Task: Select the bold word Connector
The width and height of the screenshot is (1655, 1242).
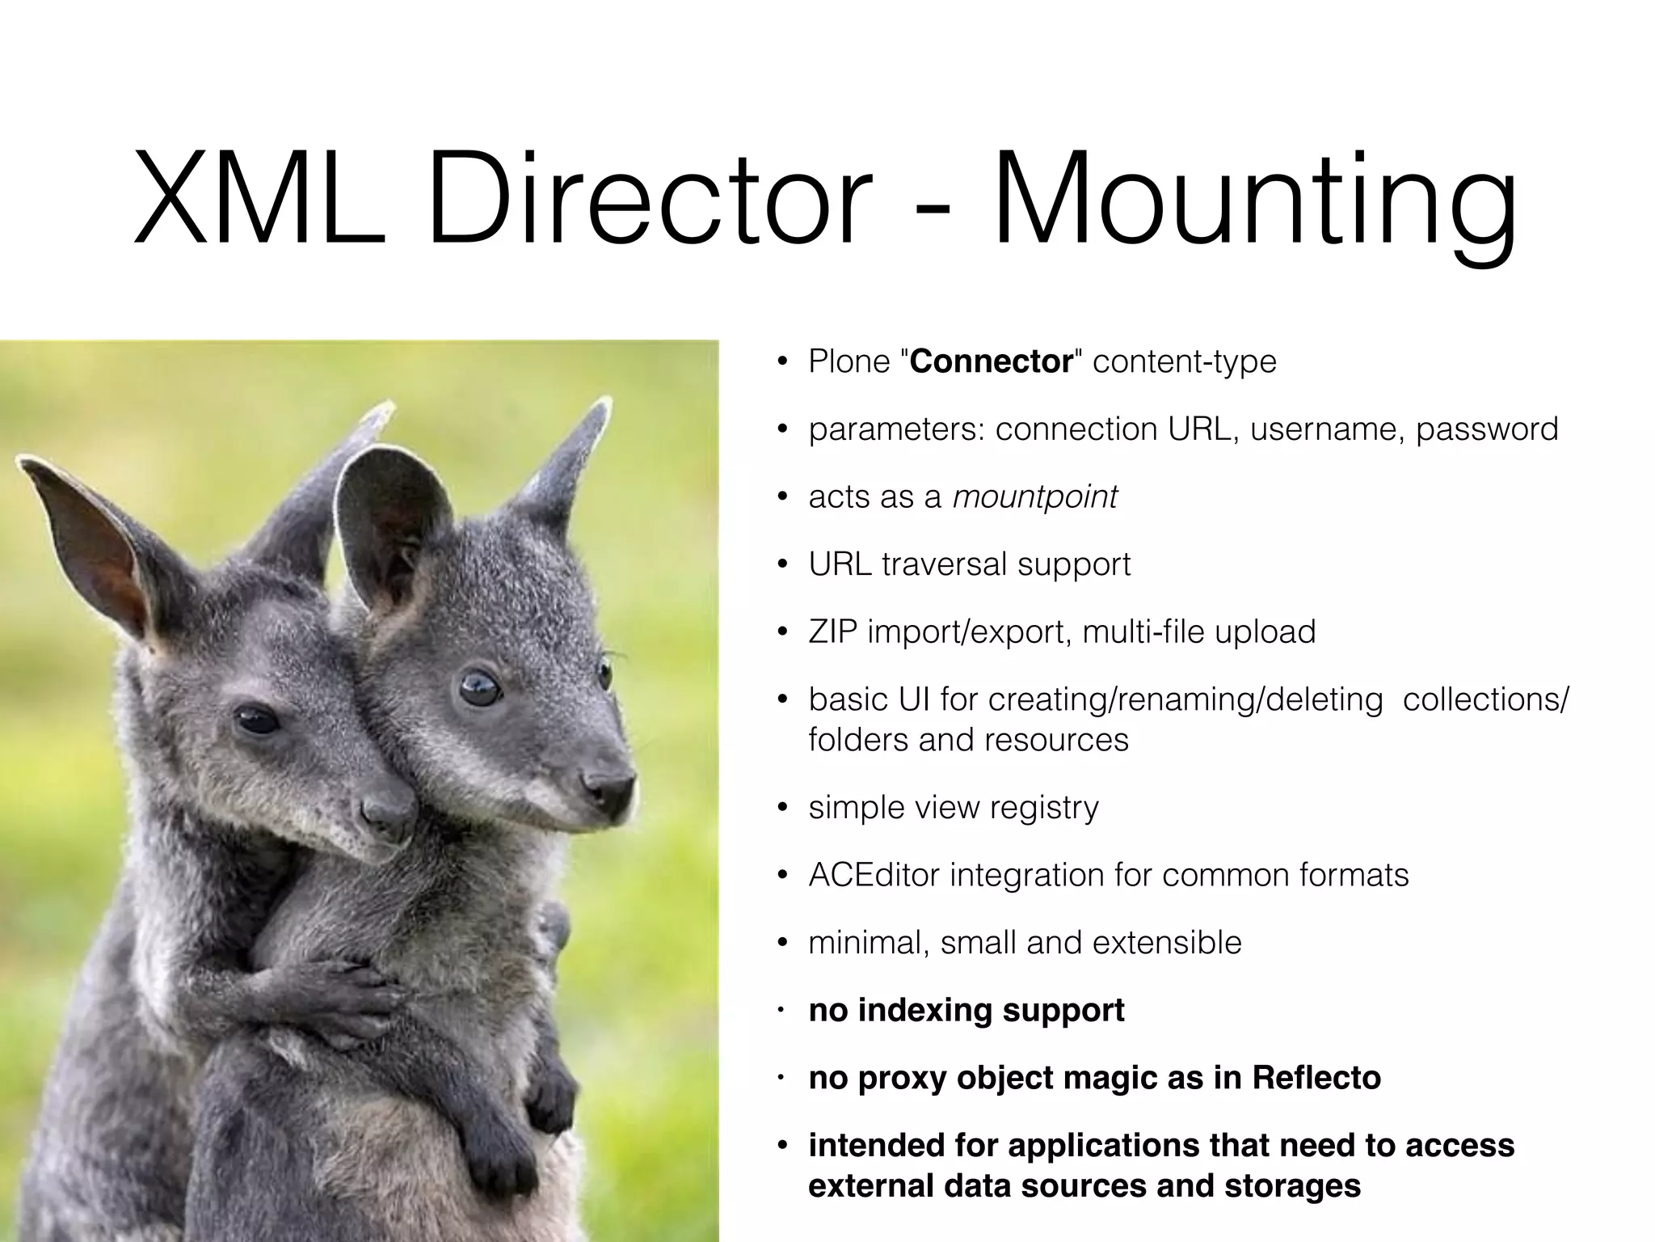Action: tap(991, 361)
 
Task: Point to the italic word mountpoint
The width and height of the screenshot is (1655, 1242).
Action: tap(1035, 496)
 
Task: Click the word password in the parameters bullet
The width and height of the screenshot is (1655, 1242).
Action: tap(1487, 429)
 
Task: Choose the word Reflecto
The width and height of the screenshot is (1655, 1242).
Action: tap(1316, 1078)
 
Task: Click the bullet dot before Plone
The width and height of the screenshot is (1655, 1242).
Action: tap(781, 362)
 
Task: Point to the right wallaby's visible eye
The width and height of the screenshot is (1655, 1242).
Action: tap(478, 687)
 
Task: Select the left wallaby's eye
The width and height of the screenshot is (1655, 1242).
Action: tap(257, 719)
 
